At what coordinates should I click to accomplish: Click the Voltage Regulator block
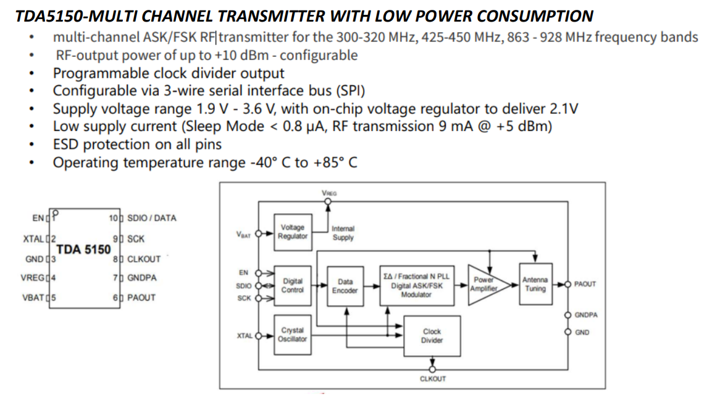[x=292, y=232]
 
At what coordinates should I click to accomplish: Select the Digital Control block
[x=292, y=285]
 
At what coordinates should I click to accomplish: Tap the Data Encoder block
[x=345, y=286]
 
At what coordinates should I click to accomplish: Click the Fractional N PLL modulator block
[x=416, y=286]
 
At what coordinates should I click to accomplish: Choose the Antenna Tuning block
[x=535, y=284]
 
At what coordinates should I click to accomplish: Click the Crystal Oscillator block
[x=292, y=335]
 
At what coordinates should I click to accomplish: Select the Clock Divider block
[x=432, y=336]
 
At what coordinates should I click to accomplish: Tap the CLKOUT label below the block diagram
[x=432, y=379]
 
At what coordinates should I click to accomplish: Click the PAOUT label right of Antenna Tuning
[x=585, y=284]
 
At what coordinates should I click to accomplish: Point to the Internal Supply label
[x=343, y=233]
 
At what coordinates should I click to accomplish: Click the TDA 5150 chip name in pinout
[x=83, y=249]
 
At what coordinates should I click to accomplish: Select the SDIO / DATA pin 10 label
[x=151, y=218]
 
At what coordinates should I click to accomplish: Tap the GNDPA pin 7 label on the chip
[x=141, y=278]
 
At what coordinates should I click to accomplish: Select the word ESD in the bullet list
[x=66, y=145]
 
